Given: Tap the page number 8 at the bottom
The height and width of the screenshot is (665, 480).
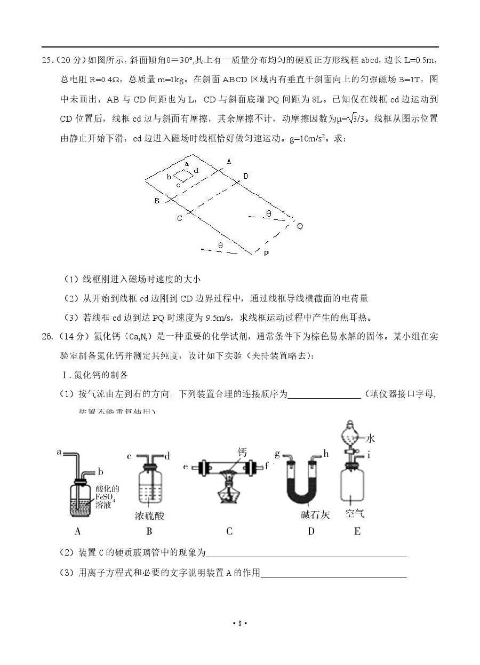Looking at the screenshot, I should pyautogui.click(x=240, y=623).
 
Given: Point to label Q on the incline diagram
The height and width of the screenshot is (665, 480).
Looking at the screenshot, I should pyautogui.click(x=300, y=226).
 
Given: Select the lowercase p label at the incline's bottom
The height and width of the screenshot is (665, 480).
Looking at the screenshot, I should pyautogui.click(x=266, y=252).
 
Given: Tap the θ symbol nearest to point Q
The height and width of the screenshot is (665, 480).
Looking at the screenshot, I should pyautogui.click(x=269, y=214).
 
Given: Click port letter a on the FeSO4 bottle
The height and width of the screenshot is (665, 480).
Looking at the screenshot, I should pyautogui.click(x=59, y=452).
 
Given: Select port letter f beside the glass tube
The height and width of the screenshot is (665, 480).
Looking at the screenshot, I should pyautogui.click(x=266, y=465).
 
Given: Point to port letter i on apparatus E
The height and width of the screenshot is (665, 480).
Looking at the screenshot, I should pyautogui.click(x=369, y=455).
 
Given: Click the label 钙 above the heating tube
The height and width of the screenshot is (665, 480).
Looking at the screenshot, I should pyautogui.click(x=242, y=453).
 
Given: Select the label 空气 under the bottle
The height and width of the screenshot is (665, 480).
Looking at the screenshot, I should pyautogui.click(x=354, y=514).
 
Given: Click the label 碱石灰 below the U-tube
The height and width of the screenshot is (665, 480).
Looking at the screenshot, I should pyautogui.click(x=315, y=515).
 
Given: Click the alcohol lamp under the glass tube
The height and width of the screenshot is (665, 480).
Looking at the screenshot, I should pyautogui.click(x=230, y=493).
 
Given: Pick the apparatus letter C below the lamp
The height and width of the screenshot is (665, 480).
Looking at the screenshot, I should pyautogui.click(x=229, y=531).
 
